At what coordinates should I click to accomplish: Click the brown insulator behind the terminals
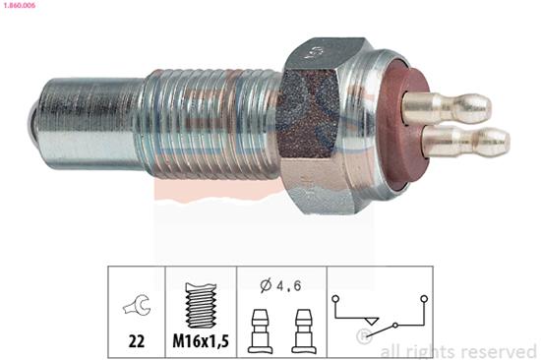pos(393,123)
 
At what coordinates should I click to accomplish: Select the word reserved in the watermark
pos(497,350)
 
